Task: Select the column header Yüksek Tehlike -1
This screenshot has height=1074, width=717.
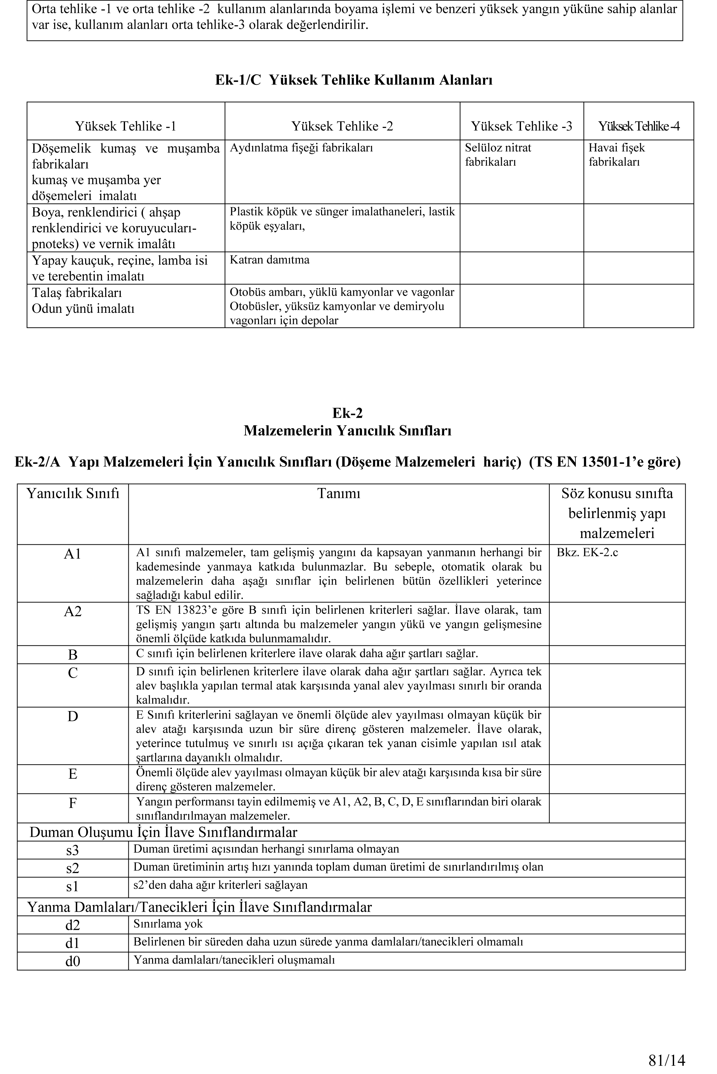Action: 125,126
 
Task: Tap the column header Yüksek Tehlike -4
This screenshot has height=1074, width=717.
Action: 638,126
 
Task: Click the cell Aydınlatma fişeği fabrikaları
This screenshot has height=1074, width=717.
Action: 301,148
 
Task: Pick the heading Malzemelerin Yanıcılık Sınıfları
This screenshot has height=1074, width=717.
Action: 347,431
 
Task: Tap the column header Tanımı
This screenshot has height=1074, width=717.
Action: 339,494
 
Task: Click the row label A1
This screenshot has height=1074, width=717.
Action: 73,554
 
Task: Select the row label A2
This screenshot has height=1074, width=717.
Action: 73,611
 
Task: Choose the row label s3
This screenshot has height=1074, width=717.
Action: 73,850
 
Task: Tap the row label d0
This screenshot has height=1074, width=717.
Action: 73,961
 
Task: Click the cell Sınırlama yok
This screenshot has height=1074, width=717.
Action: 168,924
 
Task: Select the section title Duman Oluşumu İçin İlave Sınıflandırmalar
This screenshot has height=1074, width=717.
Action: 163,832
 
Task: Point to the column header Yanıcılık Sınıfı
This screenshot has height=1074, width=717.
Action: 73,494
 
